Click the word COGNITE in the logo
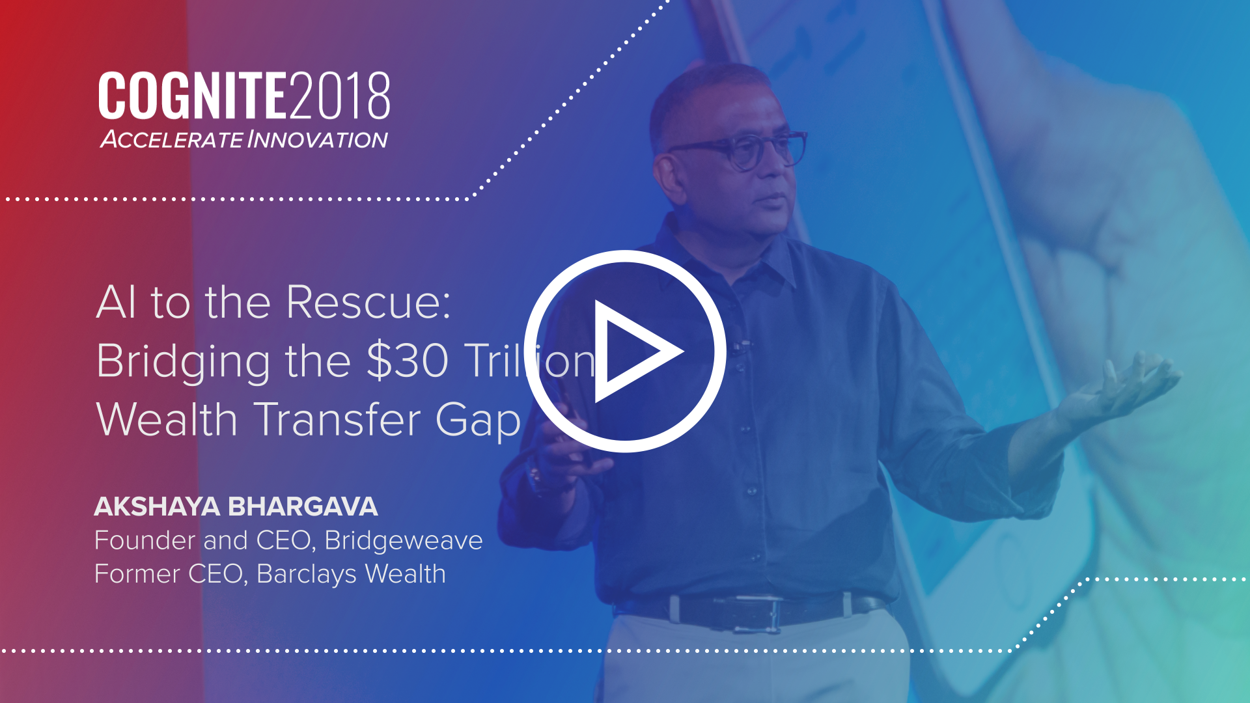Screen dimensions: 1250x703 [193, 96]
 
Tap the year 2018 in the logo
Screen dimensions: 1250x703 [339, 96]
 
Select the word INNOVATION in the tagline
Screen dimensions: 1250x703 [318, 139]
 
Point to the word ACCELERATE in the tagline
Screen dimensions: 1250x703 [172, 139]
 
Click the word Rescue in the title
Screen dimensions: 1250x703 [368, 303]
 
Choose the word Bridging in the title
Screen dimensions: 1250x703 [183, 362]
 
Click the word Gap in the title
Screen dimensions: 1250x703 [479, 422]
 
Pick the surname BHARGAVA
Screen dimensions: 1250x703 [303, 506]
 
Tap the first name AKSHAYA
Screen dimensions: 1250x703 [157, 506]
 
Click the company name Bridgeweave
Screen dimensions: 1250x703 [404, 541]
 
